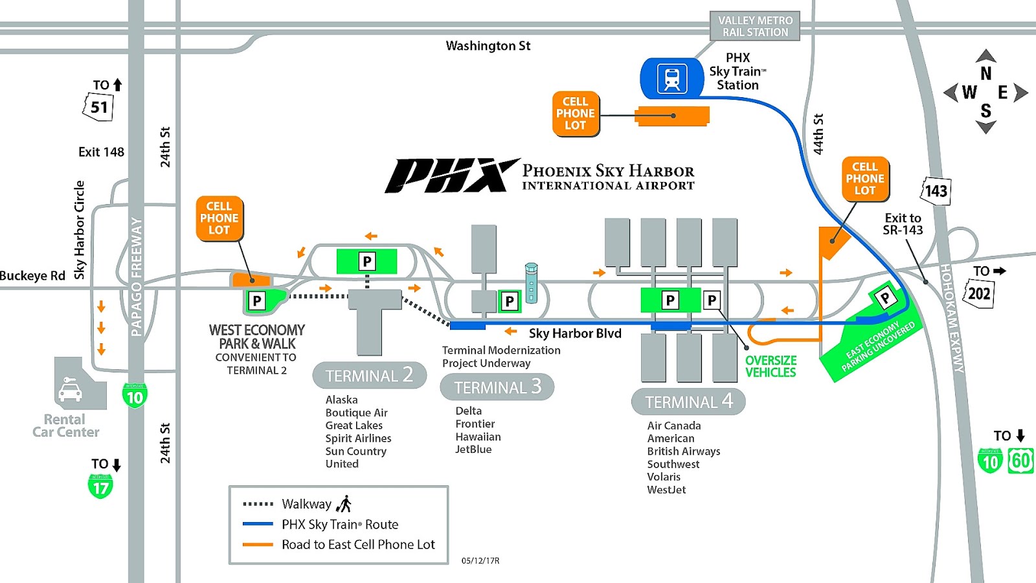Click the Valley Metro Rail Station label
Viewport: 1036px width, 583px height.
coord(755,27)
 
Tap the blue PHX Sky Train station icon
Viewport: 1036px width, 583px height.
coord(672,78)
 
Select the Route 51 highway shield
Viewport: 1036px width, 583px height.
coord(98,107)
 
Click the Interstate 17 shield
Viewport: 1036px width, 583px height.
coord(100,486)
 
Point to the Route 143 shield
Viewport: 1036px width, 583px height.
coord(936,191)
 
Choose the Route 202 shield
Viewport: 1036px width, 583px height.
coord(978,293)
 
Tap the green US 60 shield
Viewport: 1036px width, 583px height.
coord(1020,461)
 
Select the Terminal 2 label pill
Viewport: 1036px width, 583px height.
coord(369,376)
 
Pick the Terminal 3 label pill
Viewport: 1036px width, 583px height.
coord(497,387)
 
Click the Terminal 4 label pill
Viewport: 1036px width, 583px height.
coord(688,402)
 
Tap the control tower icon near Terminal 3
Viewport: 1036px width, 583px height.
coord(531,282)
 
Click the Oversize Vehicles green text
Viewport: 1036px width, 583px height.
coord(771,366)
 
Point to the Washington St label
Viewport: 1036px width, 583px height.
coord(488,46)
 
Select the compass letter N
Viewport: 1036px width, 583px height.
coord(985,73)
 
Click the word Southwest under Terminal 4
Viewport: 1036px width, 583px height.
coord(673,464)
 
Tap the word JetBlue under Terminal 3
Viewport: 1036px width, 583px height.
coord(473,450)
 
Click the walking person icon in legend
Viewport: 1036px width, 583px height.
coord(344,504)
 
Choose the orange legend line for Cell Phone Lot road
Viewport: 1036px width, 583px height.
coord(258,545)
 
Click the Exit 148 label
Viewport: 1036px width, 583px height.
coord(101,152)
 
